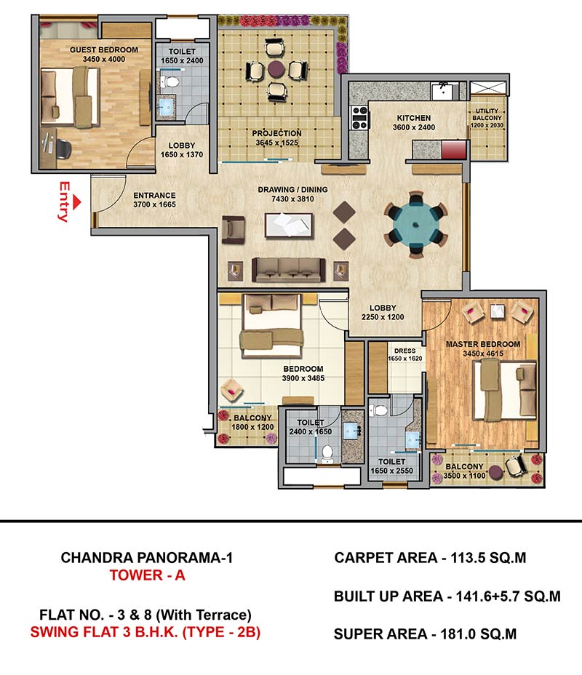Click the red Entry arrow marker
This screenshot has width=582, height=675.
76,202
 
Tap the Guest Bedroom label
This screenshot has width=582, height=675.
104,50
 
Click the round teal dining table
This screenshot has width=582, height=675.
416,224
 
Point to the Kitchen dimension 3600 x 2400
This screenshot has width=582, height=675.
414,127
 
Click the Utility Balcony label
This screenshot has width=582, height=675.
487,114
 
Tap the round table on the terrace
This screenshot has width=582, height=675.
276,68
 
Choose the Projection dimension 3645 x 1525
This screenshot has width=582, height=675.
276,143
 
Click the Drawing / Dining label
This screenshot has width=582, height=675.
292,189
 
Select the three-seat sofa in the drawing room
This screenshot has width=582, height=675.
288,270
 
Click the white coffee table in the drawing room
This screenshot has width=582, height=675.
289,225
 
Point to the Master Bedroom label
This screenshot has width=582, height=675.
483,344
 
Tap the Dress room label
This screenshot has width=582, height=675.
404,351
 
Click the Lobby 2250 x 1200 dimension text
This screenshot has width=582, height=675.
383,317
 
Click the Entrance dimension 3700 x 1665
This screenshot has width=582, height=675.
154,204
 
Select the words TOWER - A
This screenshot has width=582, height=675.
147,575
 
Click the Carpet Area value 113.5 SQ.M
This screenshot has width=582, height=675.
488,558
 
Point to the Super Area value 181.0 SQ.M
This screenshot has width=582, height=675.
477,634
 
